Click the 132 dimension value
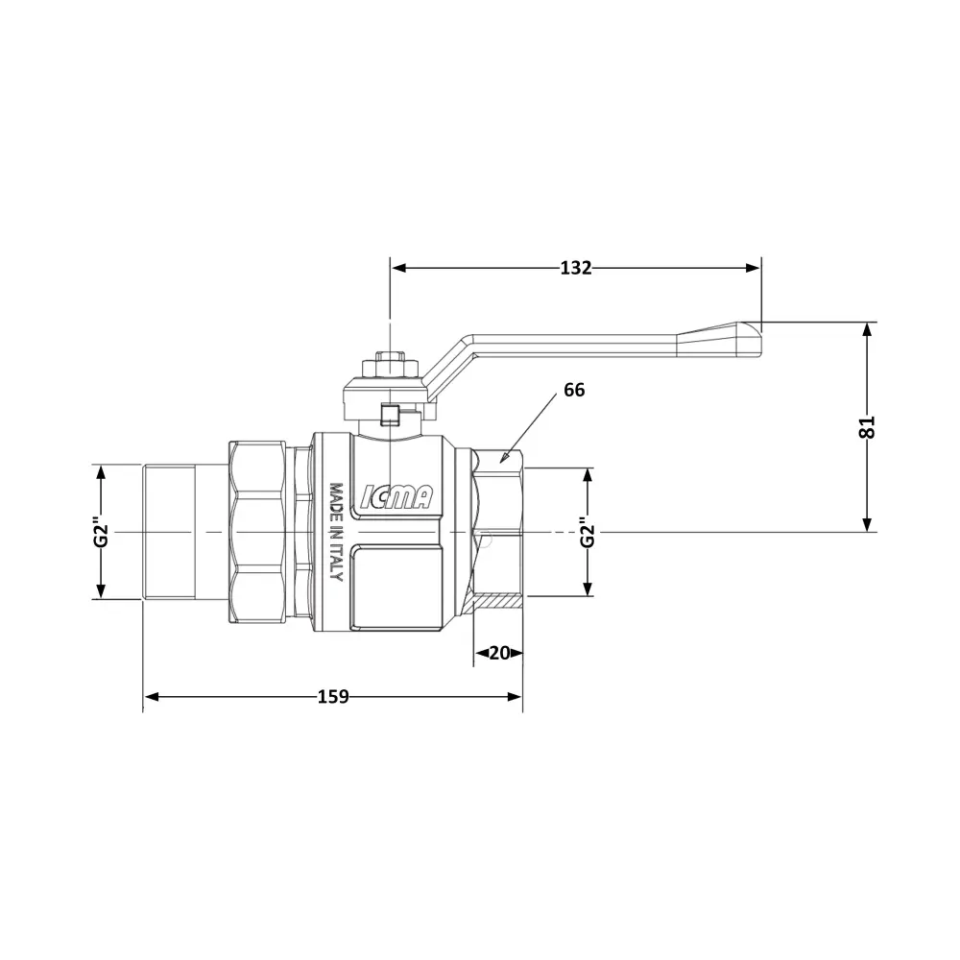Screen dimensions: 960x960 (575, 268)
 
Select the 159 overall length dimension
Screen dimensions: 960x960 (333, 697)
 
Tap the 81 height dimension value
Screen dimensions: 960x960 (867, 427)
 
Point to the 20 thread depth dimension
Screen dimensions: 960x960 (499, 653)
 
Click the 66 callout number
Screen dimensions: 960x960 (574, 390)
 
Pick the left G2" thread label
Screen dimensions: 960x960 (101, 533)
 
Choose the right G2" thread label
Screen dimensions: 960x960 (588, 533)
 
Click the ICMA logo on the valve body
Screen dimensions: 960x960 (396, 496)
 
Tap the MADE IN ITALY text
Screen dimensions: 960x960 (336, 532)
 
